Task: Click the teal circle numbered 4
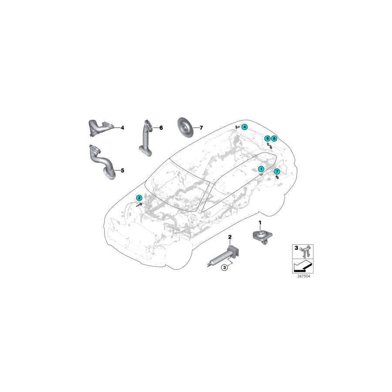tap(244, 127)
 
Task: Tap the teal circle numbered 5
tap(267, 138)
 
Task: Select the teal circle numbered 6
tap(274, 138)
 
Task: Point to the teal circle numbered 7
tap(277, 172)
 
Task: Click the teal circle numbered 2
tap(139, 198)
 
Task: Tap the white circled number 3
tap(224, 267)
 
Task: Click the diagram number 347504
tap(304, 277)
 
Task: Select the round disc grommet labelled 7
tap(185, 127)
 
